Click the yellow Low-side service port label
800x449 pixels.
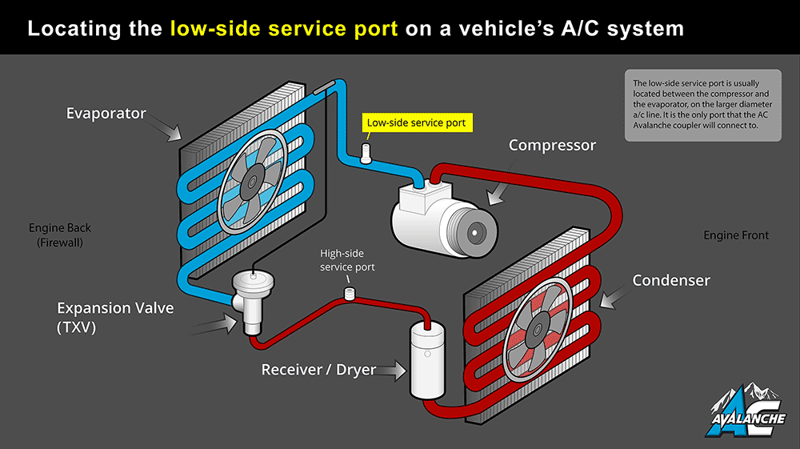[415, 123]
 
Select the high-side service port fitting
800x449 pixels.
[349, 293]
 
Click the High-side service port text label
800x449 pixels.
[347, 259]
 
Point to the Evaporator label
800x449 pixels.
[106, 114]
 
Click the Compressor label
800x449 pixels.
[552, 146]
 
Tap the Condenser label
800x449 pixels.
[671, 280]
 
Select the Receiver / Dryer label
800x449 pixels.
[318, 371]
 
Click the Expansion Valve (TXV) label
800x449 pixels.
[115, 317]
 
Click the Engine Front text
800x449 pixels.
[736, 235]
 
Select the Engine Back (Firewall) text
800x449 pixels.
[60, 235]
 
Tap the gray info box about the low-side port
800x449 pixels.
[702, 106]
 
